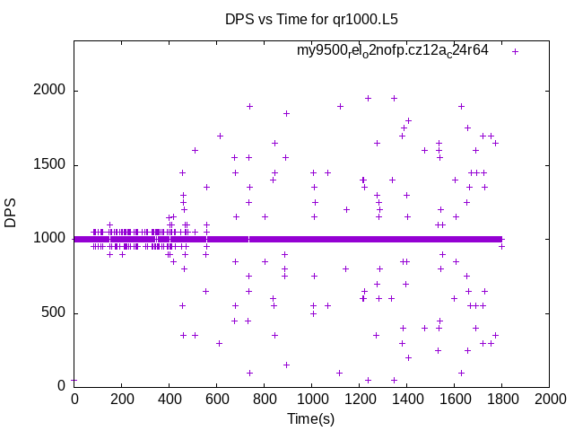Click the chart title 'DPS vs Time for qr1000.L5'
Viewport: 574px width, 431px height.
(287, 19)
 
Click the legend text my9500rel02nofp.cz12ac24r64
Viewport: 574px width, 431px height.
(393, 51)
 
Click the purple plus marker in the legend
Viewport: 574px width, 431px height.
(515, 51)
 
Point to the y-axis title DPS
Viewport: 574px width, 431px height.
(11, 213)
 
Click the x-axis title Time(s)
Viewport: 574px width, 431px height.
(310, 418)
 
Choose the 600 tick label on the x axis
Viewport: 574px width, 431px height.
(217, 399)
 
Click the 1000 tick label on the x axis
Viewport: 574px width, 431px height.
(312, 399)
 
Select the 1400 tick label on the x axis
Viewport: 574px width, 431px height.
(407, 399)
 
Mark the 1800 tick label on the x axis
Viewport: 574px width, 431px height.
(502, 399)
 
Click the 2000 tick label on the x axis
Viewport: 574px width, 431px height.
(550, 399)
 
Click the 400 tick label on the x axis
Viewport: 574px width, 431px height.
(170, 399)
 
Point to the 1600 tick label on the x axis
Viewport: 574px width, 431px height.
(455, 399)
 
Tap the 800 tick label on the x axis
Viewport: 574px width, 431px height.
(265, 399)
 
